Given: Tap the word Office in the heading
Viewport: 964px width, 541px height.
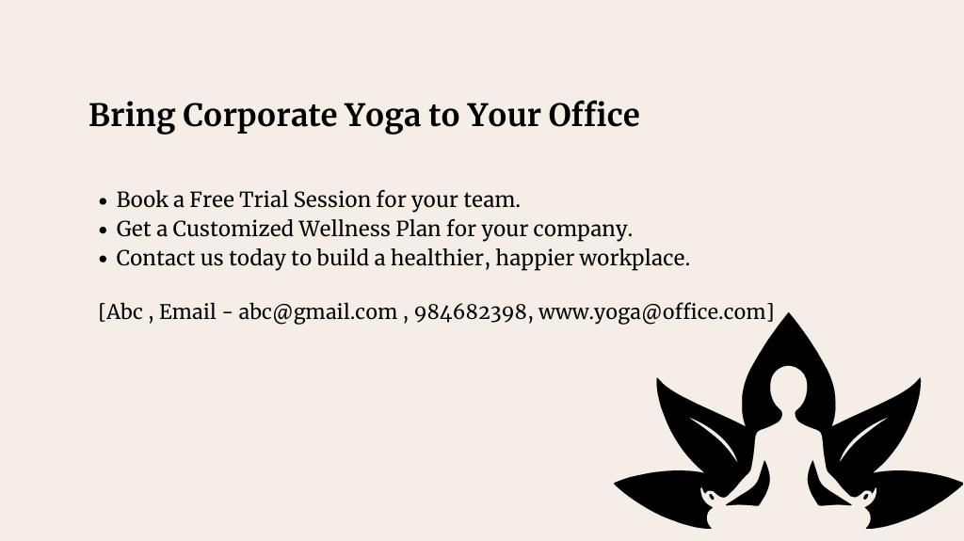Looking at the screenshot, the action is click(593, 115).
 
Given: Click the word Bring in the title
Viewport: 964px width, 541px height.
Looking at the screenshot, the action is click(132, 116).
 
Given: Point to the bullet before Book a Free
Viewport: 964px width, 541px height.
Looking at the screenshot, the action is click(103, 201).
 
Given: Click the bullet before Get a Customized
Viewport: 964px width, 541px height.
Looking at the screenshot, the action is click(103, 230).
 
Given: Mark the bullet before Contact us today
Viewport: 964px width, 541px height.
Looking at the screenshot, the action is click(103, 260).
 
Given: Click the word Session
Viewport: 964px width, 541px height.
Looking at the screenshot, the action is click(332, 199).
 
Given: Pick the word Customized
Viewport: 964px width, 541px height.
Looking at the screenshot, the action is click(233, 229).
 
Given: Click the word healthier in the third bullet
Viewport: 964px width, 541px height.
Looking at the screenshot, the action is click(441, 258).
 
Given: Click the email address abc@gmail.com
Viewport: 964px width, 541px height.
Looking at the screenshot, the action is click(317, 312).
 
